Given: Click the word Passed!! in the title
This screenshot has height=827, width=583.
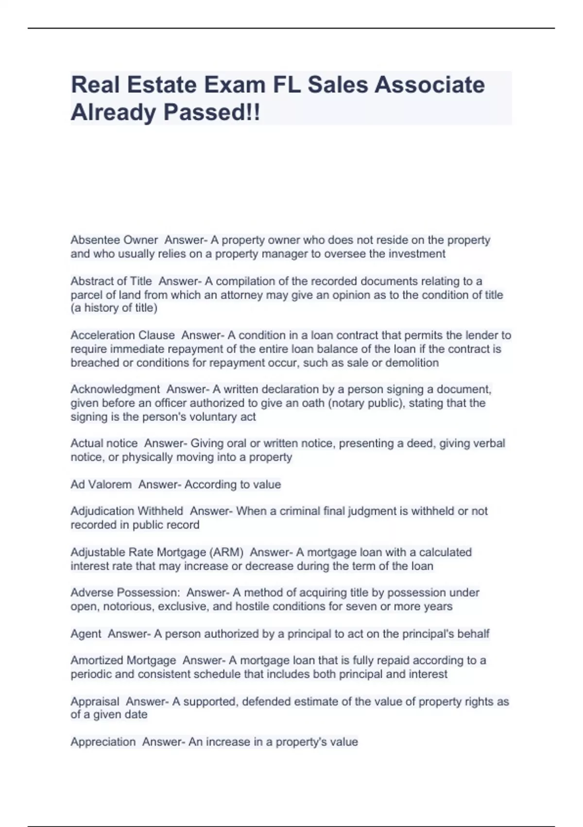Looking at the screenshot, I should point(211,112).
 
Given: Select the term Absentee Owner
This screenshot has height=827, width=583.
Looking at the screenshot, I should point(114,240).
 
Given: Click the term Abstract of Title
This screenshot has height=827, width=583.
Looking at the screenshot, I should point(111,281).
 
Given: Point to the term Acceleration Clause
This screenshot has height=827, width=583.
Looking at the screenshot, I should point(122,335).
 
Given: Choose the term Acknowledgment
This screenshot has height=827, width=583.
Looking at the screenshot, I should point(115,389).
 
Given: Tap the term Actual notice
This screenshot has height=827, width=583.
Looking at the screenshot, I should point(104,443).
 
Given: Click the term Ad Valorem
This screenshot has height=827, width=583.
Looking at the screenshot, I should point(101,485).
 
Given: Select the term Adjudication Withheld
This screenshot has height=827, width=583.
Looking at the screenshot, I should point(127,511).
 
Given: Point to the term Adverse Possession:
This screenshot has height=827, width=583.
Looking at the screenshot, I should point(125,593).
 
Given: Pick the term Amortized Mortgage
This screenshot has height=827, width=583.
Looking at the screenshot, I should point(123,661).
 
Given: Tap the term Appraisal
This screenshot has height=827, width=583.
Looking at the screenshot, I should point(95,701).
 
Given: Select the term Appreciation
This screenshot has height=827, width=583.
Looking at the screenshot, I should point(103,742).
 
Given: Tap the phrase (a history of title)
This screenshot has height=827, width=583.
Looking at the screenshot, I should point(114,308).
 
